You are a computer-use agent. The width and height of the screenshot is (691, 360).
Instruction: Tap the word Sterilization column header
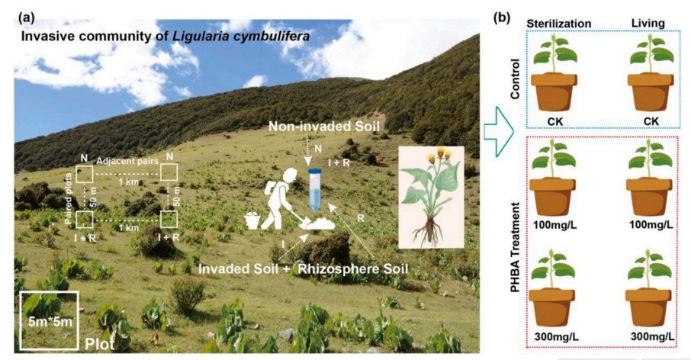pyautogui.click(x=559, y=24)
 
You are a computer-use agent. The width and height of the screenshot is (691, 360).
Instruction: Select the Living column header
pyautogui.click(x=648, y=23)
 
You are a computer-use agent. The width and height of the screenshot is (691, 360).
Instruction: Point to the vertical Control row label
pyautogui.click(x=514, y=79)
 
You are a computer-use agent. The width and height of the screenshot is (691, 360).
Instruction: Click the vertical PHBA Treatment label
pyautogui.click(x=515, y=247)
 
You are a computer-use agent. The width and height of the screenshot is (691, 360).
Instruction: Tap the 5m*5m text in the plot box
pyautogui.click(x=50, y=322)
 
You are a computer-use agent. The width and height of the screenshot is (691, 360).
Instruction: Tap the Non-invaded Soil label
pyautogui.click(x=324, y=127)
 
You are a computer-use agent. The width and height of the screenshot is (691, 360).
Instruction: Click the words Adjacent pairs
pyautogui.click(x=127, y=161)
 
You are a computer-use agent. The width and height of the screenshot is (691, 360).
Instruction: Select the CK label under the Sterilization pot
pyautogui.click(x=554, y=121)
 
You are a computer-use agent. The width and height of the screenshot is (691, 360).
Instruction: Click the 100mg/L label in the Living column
pyautogui.click(x=651, y=225)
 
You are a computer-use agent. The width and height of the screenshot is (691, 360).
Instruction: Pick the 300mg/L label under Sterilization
pyautogui.click(x=557, y=337)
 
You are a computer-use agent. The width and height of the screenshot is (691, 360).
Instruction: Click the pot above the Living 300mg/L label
pyautogui.click(x=648, y=307)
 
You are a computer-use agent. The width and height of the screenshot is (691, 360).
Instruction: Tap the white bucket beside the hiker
pyautogui.click(x=252, y=220)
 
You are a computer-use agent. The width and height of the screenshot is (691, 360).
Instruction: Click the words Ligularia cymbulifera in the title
pyautogui.click(x=240, y=36)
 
